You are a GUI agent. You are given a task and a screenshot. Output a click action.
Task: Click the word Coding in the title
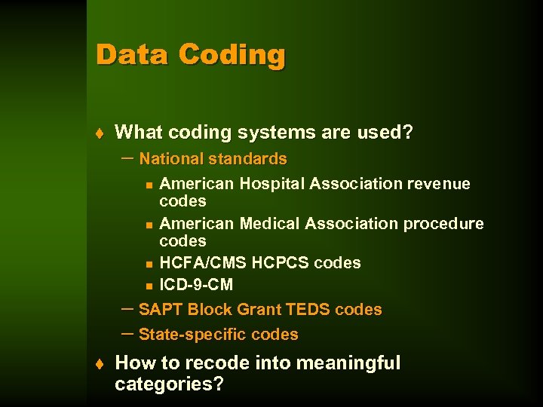point(232,56)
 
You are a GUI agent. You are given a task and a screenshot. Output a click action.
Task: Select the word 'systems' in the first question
point(277,133)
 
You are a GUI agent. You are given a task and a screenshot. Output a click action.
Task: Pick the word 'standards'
point(247,159)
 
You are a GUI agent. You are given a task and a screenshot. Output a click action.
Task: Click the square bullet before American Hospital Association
point(149,185)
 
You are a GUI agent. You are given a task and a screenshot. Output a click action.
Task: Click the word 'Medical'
point(269,224)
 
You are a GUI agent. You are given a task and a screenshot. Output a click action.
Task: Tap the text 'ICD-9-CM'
point(196,285)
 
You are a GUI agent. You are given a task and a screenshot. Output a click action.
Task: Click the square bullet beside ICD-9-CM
point(149,286)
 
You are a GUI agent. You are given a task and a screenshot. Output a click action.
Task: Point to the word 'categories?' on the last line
point(169,384)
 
